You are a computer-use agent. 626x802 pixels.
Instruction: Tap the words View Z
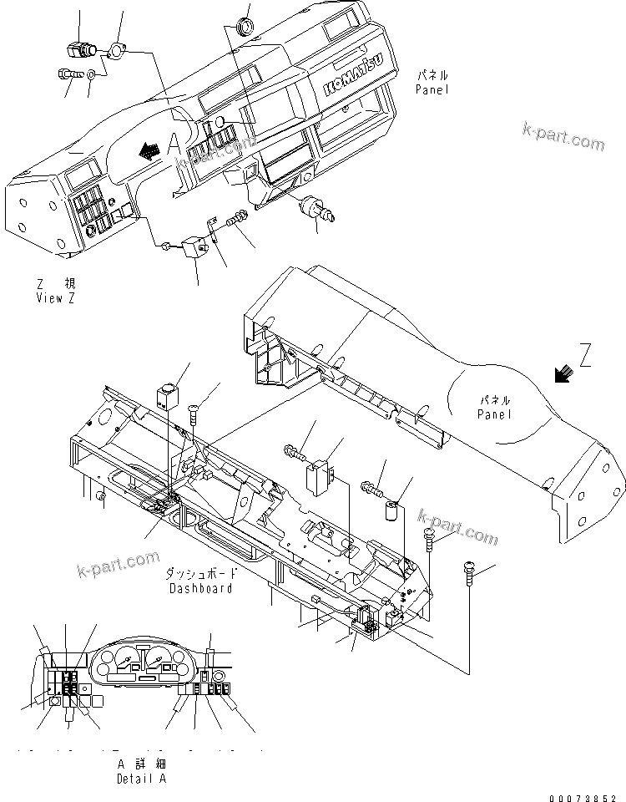coord(55,298)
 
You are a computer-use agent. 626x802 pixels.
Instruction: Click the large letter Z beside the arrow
coord(585,358)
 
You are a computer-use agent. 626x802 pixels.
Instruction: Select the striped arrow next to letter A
coord(150,150)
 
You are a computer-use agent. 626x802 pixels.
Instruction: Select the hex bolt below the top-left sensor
coord(69,74)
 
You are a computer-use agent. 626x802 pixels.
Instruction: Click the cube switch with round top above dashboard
coord(168,393)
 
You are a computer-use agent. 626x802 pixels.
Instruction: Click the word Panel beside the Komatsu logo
coord(432,89)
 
